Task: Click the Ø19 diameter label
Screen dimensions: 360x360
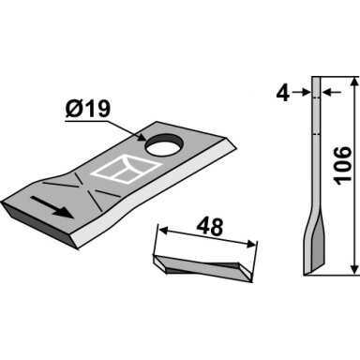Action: tap(88, 109)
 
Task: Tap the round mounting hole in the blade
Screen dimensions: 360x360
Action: tap(164, 144)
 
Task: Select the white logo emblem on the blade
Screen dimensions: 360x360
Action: tap(126, 169)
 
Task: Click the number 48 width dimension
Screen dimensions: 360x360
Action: tap(210, 227)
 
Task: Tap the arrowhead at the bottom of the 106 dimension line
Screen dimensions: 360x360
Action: tap(353, 269)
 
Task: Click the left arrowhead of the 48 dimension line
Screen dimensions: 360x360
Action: tap(163, 231)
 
